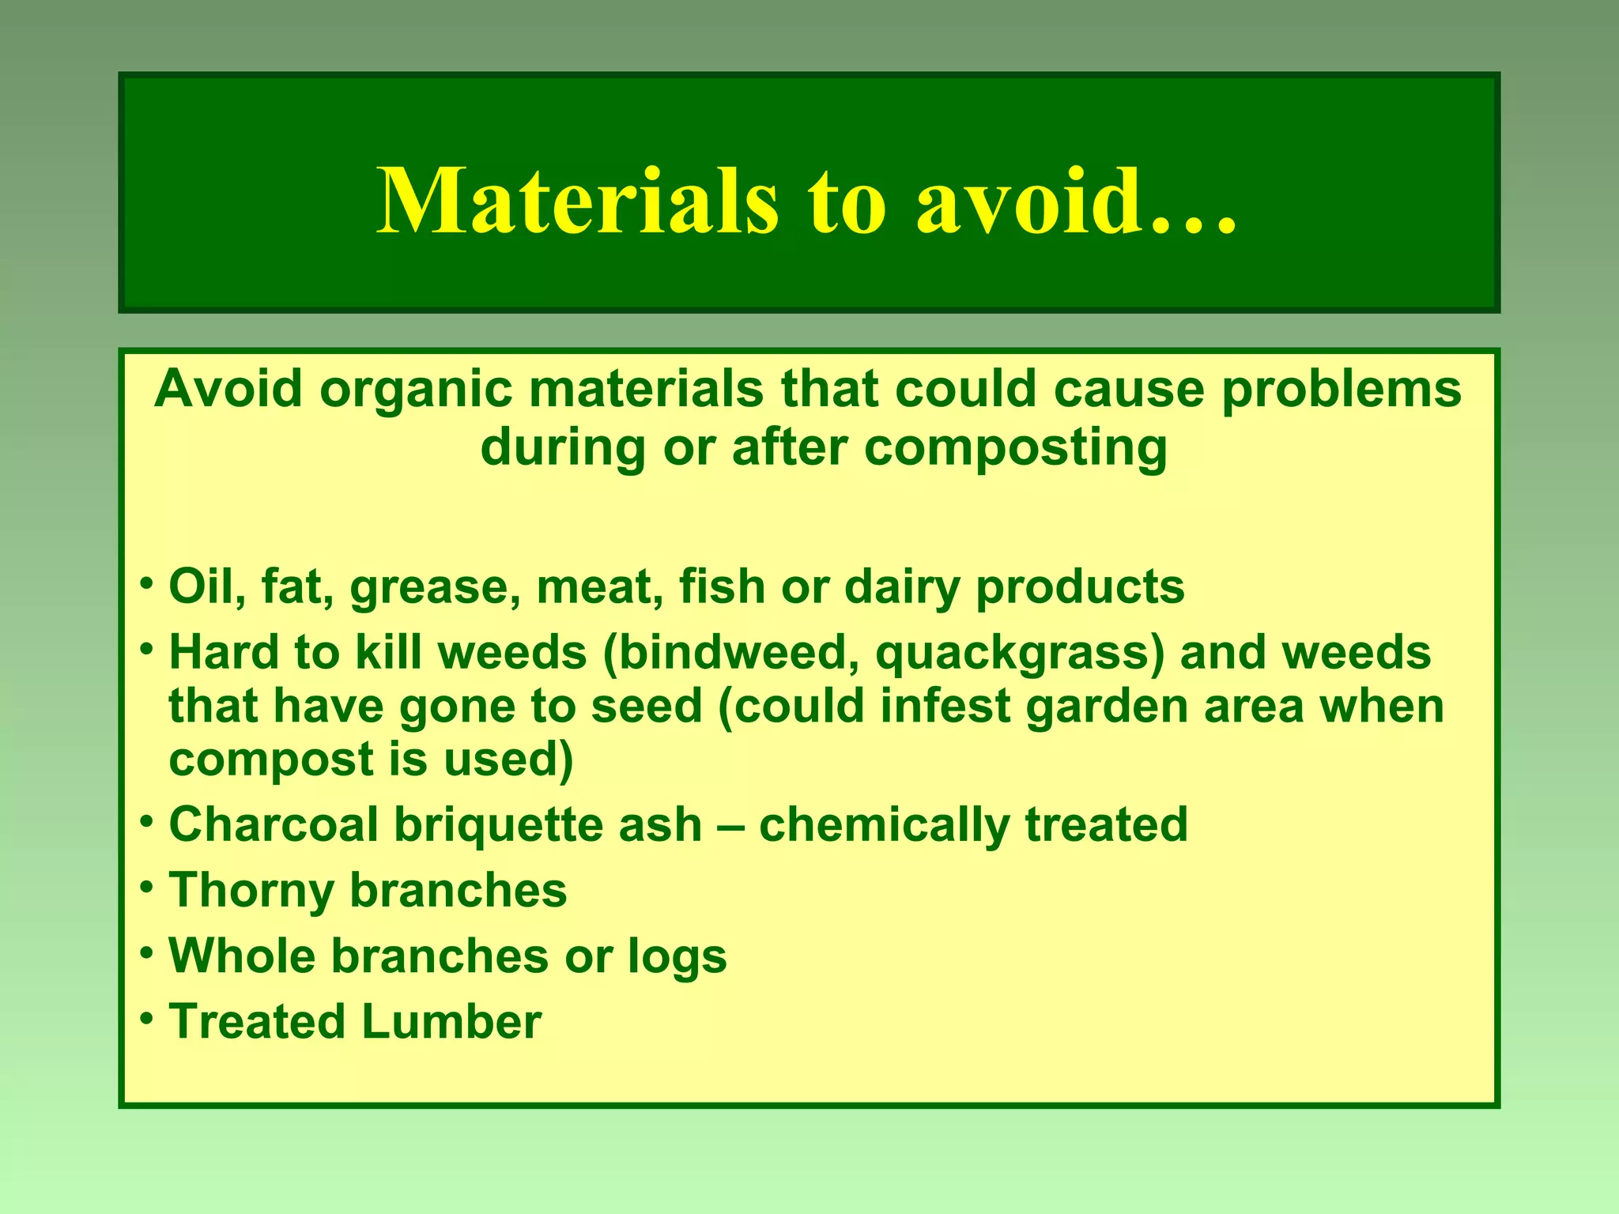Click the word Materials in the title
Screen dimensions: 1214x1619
coord(577,202)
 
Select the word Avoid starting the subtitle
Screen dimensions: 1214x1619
coord(228,390)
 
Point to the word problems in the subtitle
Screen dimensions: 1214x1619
coord(1342,391)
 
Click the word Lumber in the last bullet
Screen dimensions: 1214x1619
coord(451,1021)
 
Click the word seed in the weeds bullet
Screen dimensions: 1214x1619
coord(646,706)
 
